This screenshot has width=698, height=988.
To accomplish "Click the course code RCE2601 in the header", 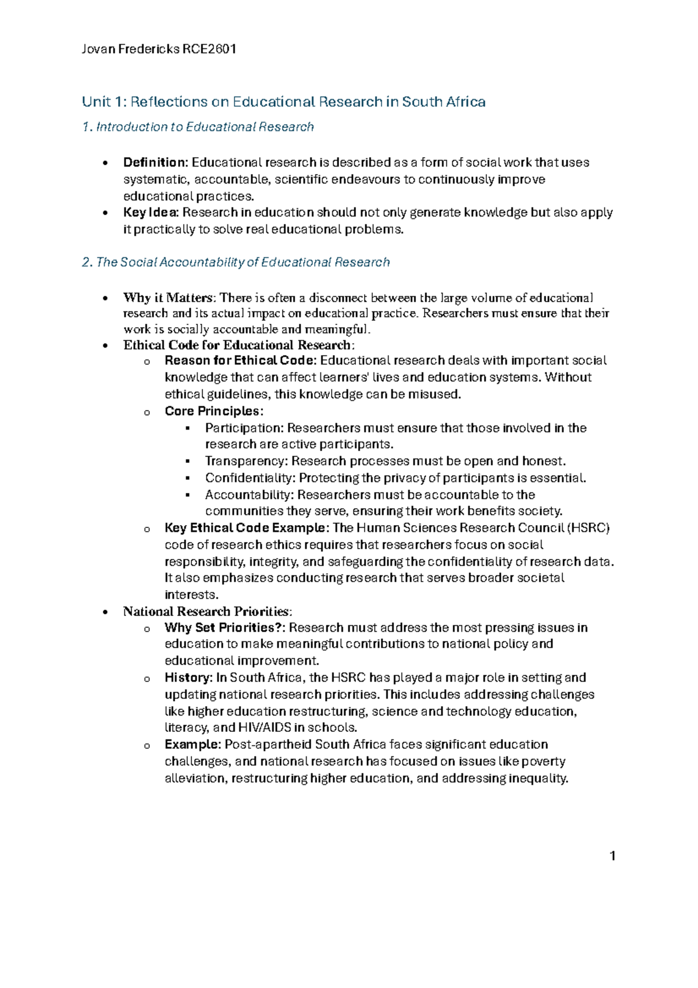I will [x=209, y=49].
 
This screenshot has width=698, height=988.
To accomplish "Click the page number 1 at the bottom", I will [x=612, y=855].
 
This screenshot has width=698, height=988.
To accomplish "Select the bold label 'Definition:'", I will [x=155, y=162].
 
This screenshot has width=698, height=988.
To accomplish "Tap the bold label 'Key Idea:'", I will [x=151, y=213].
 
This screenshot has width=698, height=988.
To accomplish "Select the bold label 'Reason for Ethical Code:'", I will [x=241, y=360].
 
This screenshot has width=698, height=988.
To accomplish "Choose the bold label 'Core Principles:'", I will [x=213, y=411].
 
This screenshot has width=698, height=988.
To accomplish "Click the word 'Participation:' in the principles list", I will [x=244, y=428].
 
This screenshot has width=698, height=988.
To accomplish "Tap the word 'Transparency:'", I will [x=247, y=461].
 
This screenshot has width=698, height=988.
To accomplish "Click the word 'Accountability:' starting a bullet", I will [x=250, y=495].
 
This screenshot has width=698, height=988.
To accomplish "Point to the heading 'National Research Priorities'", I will [x=206, y=611].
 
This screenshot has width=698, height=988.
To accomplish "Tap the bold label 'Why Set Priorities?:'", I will [x=225, y=628].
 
